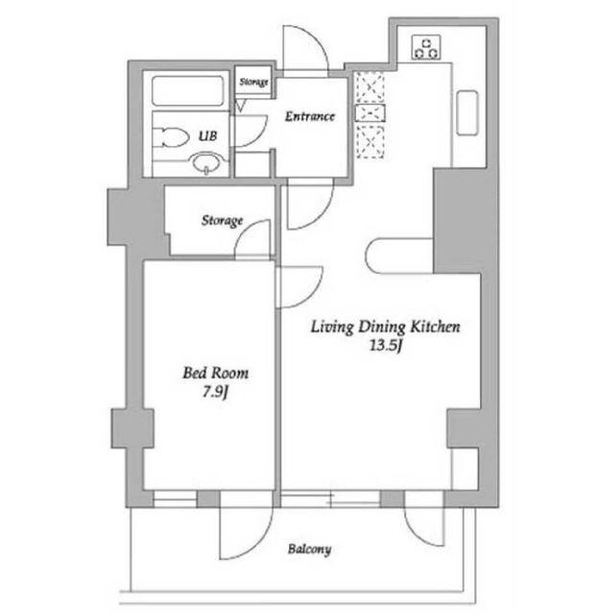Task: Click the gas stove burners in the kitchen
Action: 426,47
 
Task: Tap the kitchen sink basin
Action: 467,113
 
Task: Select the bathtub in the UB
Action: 188,91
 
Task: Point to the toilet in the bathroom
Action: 172,137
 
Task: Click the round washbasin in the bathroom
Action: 207,163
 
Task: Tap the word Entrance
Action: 309,116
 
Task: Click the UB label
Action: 207,135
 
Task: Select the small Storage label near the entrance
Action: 254,82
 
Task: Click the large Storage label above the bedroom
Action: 222,220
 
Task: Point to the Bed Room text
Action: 216,373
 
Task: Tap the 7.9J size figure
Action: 215,392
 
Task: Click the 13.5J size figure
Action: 386,346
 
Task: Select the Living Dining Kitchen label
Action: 385,327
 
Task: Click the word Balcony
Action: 309,549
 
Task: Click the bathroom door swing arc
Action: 258,137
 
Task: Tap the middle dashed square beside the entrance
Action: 370,113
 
